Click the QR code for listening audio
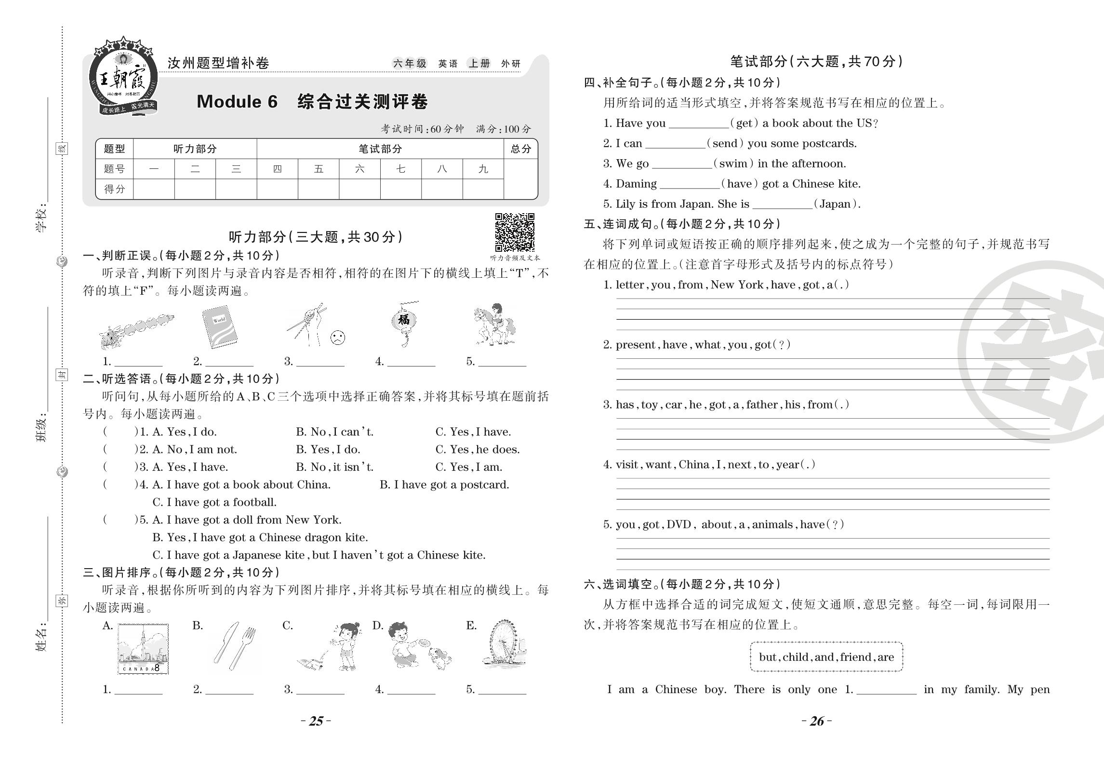pos(515,232)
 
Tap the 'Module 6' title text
pos(237,102)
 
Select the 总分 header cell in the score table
pos(520,149)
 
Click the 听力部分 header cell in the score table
pos(195,149)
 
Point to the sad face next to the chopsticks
pos(338,338)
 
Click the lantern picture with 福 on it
pos(404,323)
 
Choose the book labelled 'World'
pos(220,327)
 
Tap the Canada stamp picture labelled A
pos(143,649)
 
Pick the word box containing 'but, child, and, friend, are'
pos(826,657)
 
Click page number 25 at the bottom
pos(316,721)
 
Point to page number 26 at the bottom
pos(817,721)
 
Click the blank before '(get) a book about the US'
pos(698,124)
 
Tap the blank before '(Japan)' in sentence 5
pos(782,205)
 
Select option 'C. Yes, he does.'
pos(477,450)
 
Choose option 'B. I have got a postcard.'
pos(444,485)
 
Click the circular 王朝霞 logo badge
pos(123,78)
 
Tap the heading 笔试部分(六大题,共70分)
pos(816,61)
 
